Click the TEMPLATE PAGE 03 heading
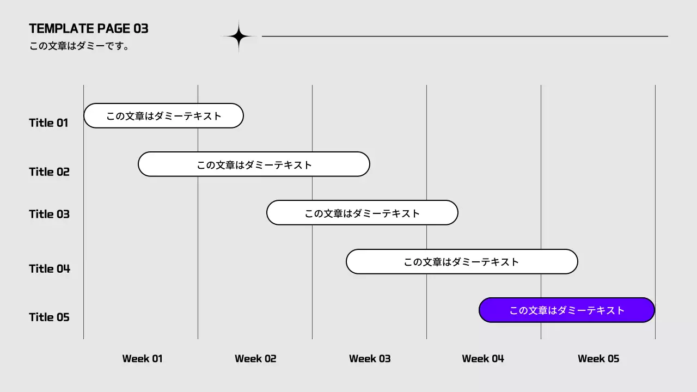[88, 28]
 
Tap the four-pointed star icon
[239, 37]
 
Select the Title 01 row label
[48, 122]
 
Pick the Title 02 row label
[49, 171]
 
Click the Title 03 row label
[49, 214]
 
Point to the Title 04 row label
[50, 268]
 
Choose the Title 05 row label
[49, 317]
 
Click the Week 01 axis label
[142, 358]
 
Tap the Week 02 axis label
[255, 358]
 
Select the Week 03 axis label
[370, 358]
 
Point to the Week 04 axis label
[483, 358]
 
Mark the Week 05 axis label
[598, 358]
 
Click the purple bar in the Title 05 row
[566, 310]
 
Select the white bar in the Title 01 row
[163, 115]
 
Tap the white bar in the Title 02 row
[254, 164]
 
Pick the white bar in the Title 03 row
[362, 213]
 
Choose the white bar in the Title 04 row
[462, 262]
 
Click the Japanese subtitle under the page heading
[80, 46]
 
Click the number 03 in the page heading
[141, 28]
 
